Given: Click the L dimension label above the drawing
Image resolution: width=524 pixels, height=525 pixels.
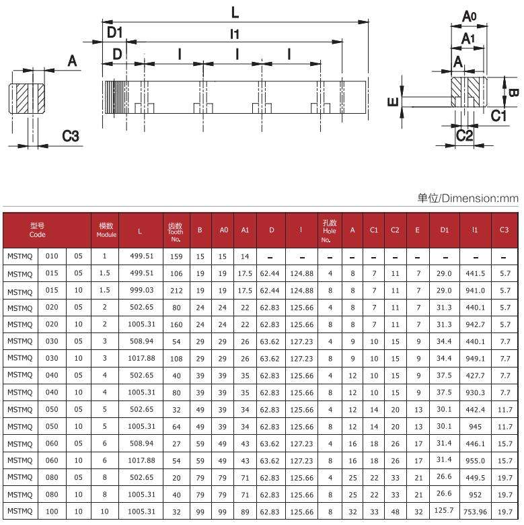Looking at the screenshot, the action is [x=235, y=12].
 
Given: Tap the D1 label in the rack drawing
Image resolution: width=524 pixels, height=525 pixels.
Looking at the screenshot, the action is [x=114, y=32].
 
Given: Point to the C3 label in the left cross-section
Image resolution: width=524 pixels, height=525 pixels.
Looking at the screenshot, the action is [x=71, y=136].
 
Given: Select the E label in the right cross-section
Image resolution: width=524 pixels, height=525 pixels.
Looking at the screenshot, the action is [x=394, y=102].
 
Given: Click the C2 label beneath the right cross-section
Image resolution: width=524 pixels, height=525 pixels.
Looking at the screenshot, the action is [x=464, y=135].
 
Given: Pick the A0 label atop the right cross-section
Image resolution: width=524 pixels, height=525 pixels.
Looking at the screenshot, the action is [x=470, y=16].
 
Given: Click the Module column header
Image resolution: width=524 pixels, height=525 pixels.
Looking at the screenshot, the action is [x=106, y=230].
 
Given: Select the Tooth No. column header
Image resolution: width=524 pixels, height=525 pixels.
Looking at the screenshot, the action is [x=175, y=231].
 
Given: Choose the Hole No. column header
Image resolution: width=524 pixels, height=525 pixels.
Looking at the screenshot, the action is [x=329, y=230].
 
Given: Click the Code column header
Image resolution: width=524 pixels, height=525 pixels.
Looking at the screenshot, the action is [x=38, y=230].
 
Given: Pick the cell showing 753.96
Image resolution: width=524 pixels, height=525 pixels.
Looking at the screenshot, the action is [x=476, y=512].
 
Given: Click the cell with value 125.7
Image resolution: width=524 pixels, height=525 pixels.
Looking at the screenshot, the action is [x=444, y=512].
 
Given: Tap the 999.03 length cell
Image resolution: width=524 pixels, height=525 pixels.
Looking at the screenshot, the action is [x=141, y=290].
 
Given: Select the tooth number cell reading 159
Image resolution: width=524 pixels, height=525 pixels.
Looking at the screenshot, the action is [x=176, y=256].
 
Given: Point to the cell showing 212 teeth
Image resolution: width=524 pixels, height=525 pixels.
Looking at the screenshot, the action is [x=176, y=290].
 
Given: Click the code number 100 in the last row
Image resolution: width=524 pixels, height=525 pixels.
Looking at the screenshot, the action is [x=52, y=512].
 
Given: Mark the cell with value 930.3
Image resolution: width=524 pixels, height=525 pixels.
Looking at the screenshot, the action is [x=476, y=391].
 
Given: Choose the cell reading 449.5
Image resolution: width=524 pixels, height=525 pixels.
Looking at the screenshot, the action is [x=476, y=478].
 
